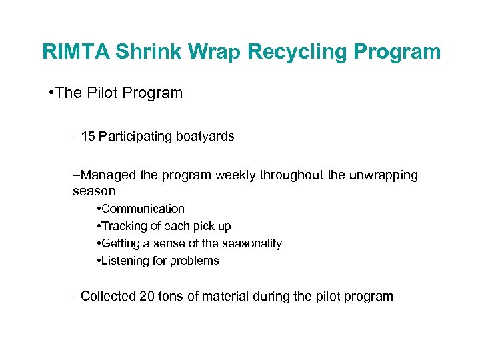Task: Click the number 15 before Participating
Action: (x=88, y=137)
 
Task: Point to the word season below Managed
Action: (x=94, y=191)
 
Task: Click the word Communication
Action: (x=143, y=209)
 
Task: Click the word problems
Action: (x=195, y=261)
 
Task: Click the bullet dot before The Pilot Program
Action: (x=52, y=93)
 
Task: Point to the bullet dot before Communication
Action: (x=99, y=209)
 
